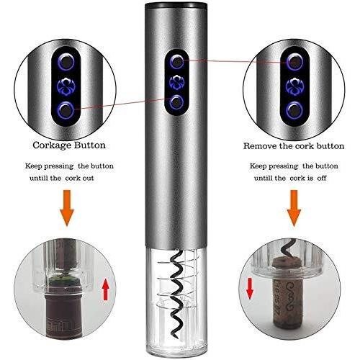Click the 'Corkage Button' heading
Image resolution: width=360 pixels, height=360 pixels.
point(69,145)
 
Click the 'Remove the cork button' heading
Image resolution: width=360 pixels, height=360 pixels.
point(294,146)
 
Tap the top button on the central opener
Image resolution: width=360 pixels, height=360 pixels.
point(177,61)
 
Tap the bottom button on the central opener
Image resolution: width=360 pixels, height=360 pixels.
point(176,102)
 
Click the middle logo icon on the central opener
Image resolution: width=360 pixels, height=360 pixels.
point(176,83)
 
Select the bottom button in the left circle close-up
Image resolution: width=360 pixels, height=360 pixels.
point(66,110)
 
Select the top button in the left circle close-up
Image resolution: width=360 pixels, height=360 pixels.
point(67,62)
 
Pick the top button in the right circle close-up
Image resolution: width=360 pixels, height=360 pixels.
point(295,62)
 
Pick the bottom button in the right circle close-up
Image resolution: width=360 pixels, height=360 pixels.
point(294,110)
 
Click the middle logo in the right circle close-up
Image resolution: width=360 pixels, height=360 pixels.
point(295,86)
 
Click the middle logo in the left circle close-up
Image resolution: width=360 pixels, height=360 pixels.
point(66,86)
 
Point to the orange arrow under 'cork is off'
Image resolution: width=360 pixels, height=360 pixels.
point(294,208)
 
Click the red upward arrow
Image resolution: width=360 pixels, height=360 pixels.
point(106,291)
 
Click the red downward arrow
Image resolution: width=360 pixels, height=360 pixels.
point(250,289)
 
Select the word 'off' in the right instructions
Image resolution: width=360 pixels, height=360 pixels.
point(322,179)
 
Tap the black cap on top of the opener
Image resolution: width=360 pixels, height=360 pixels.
point(176,4)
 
